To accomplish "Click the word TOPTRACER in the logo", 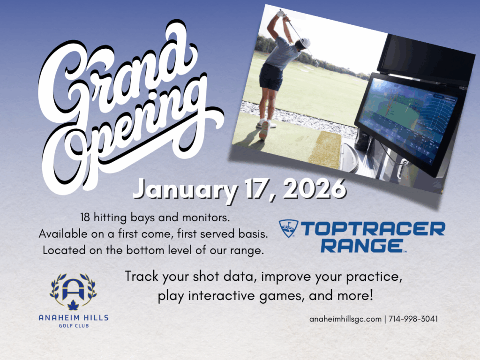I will [x=373, y=229].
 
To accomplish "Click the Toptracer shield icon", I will [x=288, y=229].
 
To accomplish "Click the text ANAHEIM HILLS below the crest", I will [x=73, y=318].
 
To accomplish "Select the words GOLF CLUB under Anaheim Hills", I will [x=73, y=325].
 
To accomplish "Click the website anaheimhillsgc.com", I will [x=345, y=319].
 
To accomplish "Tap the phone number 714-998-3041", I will [x=413, y=319].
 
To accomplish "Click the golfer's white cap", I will [x=306, y=42].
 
